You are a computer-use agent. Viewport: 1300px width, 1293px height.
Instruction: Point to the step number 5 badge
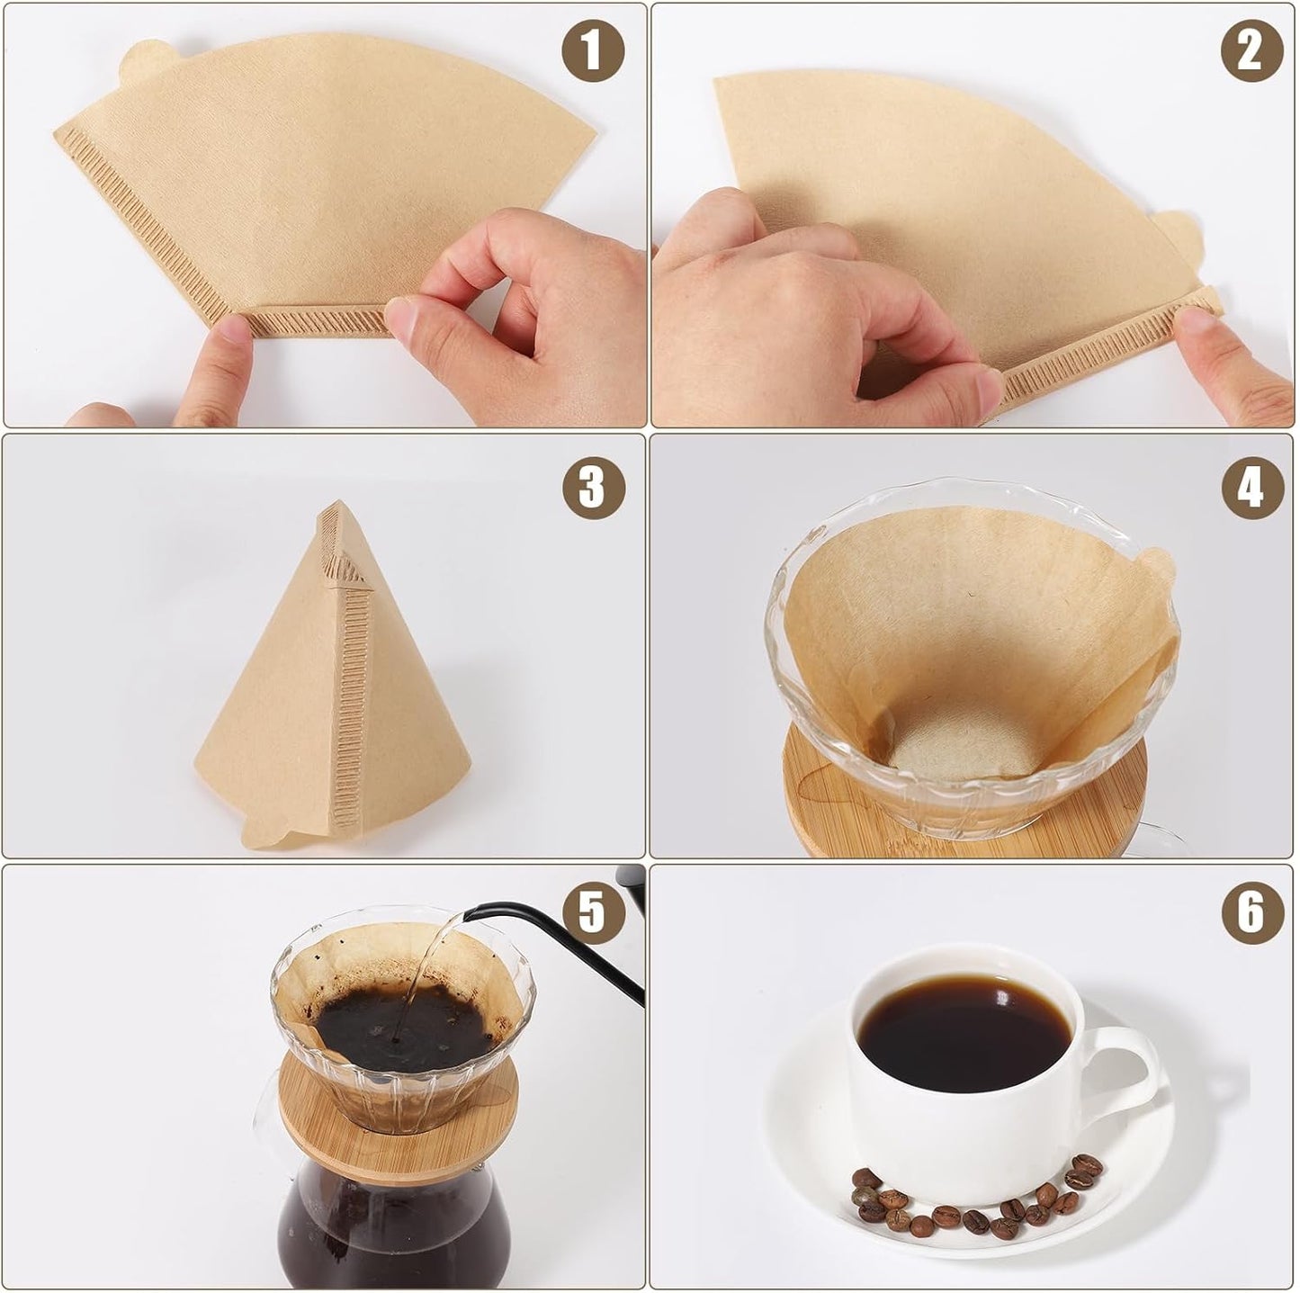click(593, 911)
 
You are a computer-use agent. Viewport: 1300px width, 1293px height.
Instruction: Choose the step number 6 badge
click(1251, 911)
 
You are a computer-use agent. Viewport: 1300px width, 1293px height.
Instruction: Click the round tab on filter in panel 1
click(147, 58)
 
